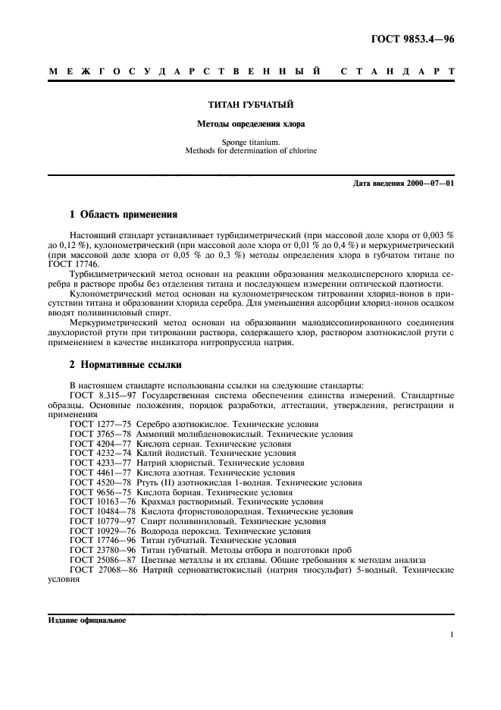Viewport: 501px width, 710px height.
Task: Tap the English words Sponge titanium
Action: tap(251, 141)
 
